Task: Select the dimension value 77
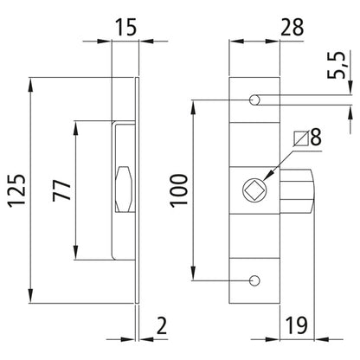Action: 62,191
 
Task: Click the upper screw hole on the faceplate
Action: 254,101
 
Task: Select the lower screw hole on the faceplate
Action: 254,280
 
